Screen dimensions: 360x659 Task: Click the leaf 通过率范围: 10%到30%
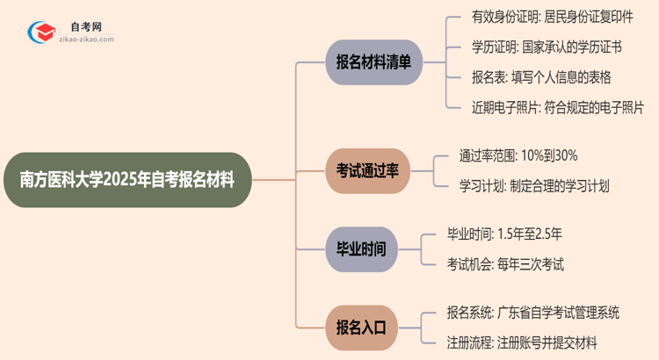pyautogui.click(x=518, y=156)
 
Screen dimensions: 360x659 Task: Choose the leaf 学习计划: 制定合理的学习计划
pyautogui.click(x=533, y=185)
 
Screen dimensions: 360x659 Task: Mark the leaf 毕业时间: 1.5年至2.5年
pyautogui.click(x=511, y=234)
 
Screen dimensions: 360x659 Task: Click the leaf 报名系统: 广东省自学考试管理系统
pyautogui.click(x=532, y=313)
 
